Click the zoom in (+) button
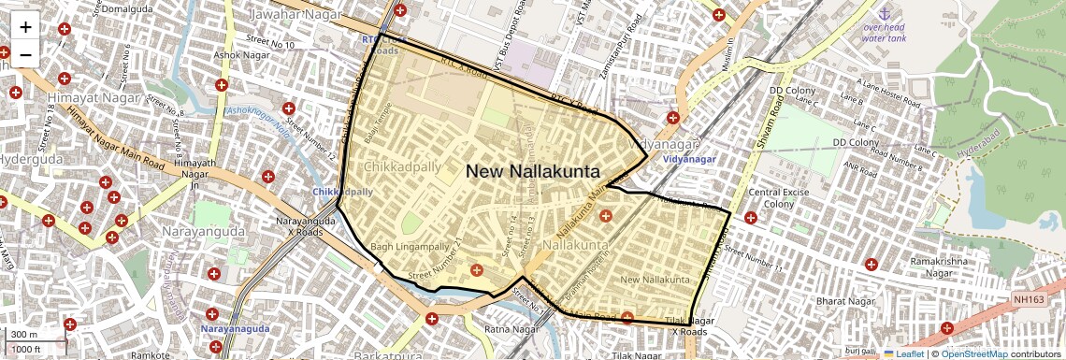click(x=25, y=27)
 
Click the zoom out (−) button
click(x=25, y=54)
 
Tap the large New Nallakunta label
click(x=533, y=171)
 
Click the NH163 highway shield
click(x=1027, y=299)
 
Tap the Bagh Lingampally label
click(x=410, y=247)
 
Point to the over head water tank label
click(x=884, y=33)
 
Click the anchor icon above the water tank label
click(x=883, y=13)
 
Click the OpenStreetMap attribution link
click(x=973, y=354)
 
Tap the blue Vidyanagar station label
click(x=689, y=160)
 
